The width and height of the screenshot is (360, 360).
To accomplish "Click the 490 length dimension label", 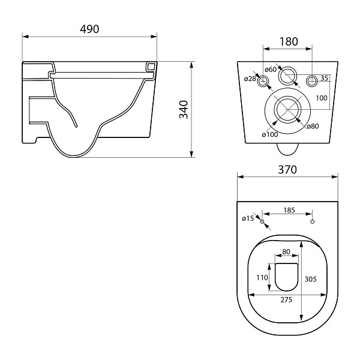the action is [x=89, y=29].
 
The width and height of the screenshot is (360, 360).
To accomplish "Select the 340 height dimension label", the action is [x=184, y=110].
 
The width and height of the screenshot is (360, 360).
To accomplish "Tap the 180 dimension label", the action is [x=289, y=41].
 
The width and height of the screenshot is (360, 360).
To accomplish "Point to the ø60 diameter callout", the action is [x=271, y=69].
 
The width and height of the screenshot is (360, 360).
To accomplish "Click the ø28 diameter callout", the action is [x=250, y=79].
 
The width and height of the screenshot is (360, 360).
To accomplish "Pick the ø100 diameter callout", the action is [x=270, y=134].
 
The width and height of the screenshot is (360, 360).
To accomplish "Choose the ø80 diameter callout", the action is [x=313, y=126].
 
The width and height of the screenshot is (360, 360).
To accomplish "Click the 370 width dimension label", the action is [x=287, y=170].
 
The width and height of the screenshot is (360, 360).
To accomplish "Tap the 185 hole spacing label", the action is [x=289, y=210].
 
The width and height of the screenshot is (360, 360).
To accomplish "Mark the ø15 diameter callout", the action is [x=248, y=218].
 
